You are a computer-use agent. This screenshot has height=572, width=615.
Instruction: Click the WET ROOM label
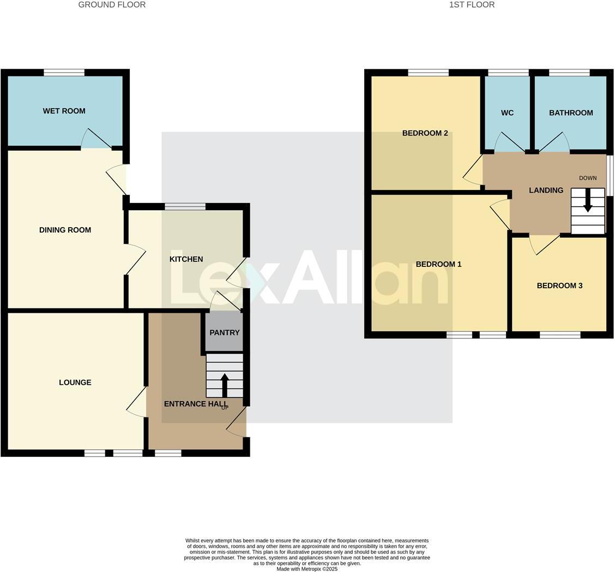point(64,111)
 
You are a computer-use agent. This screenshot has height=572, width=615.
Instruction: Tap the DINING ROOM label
point(65,230)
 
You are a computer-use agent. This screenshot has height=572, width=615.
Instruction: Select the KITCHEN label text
point(186,259)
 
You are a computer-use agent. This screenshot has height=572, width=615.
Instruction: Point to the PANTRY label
point(225,332)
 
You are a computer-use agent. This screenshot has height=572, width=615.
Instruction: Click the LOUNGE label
point(75,382)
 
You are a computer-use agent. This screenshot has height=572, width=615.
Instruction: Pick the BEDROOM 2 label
point(425,133)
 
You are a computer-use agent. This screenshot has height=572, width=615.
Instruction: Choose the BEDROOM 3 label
point(559,285)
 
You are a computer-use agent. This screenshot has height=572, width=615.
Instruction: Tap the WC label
point(507,112)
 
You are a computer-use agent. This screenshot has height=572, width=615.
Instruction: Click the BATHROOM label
point(571,112)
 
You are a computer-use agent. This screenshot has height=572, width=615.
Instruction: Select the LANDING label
point(546,190)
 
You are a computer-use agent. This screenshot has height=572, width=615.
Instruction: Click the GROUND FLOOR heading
point(112,4)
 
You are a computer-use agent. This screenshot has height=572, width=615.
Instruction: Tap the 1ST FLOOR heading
point(472,4)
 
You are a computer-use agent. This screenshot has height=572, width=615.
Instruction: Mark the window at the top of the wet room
point(64,72)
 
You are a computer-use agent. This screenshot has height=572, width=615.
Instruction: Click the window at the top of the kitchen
point(185,206)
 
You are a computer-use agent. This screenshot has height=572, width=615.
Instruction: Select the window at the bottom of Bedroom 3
point(560,335)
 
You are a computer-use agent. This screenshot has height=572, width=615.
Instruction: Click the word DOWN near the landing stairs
point(588,178)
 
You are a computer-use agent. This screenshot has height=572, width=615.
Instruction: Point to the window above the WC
point(508,72)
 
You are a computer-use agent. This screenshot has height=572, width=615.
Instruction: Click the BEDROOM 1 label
point(438,264)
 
